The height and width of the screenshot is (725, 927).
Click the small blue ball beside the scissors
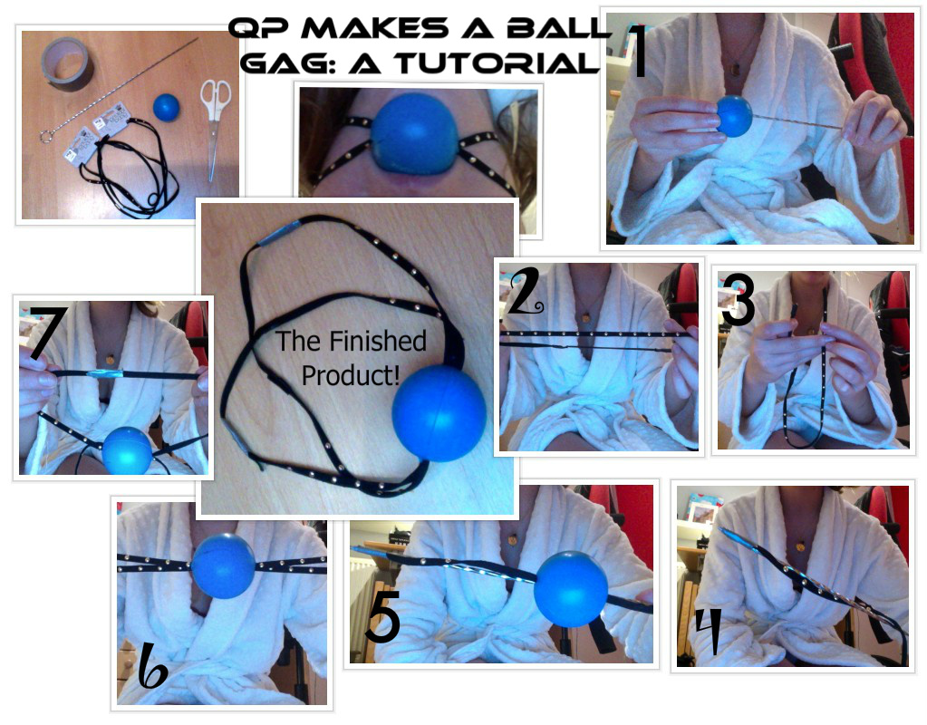[166, 108]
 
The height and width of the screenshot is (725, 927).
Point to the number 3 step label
[738, 299]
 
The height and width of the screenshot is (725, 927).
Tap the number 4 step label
[708, 633]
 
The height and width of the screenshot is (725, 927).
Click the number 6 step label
[152, 666]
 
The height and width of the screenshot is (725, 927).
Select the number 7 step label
[50, 332]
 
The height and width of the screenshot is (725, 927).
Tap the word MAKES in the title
[375, 28]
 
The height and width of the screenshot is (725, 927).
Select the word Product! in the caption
[351, 375]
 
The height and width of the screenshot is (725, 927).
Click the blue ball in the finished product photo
[439, 412]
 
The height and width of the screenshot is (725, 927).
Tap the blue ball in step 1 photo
[734, 116]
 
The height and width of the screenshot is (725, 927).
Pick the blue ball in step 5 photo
[571, 589]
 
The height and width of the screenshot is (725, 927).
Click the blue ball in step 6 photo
[224, 565]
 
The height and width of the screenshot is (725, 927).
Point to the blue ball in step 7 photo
[127, 450]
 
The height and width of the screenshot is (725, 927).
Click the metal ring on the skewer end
[47, 137]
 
